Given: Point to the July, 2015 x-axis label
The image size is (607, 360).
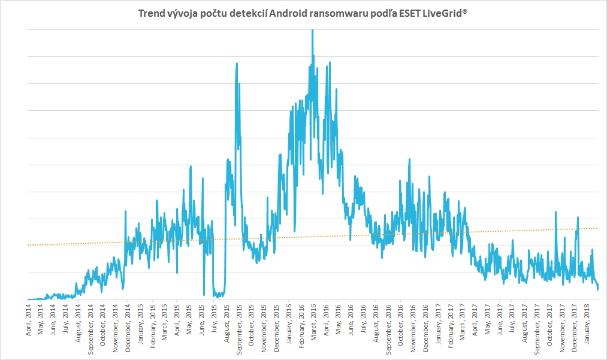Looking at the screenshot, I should pyautogui.click(x=215, y=317).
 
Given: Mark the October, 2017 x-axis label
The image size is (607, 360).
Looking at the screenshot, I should pyautogui.click(x=550, y=321).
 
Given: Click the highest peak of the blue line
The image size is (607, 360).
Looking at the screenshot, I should pyautogui.click(x=313, y=31).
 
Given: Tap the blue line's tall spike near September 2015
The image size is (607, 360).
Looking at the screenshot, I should pyautogui.click(x=237, y=63).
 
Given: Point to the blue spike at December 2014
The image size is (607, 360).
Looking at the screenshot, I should pyautogui.click(x=125, y=211).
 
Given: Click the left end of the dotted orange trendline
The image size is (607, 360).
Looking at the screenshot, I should pyautogui.click(x=28, y=245).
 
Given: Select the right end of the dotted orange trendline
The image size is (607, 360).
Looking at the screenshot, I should pyautogui.click(x=597, y=228).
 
